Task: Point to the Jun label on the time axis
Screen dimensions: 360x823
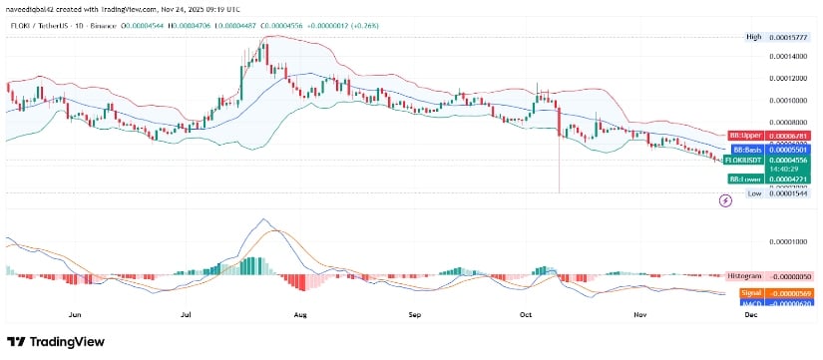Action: click(x=75, y=312)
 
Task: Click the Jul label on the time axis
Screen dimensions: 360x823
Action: click(x=187, y=312)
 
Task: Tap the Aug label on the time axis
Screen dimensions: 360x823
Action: click(x=300, y=312)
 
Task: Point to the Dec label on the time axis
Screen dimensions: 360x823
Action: click(x=751, y=312)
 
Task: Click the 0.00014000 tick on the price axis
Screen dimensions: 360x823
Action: click(x=789, y=57)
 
